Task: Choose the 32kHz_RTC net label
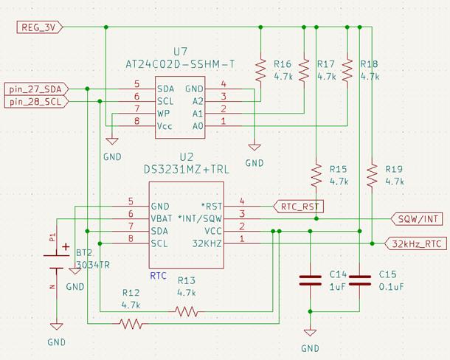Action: tap(416, 243)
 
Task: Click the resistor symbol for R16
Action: tap(260, 69)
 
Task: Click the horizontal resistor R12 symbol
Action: tap(131, 322)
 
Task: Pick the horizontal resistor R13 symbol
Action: tap(187, 311)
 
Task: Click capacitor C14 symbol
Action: tap(311, 280)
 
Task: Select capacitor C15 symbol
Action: tap(360, 280)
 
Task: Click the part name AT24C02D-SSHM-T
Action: tap(180, 64)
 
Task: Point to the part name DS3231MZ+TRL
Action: tap(186, 170)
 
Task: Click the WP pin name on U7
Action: tap(165, 114)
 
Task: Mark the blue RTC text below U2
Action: tap(158, 276)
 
